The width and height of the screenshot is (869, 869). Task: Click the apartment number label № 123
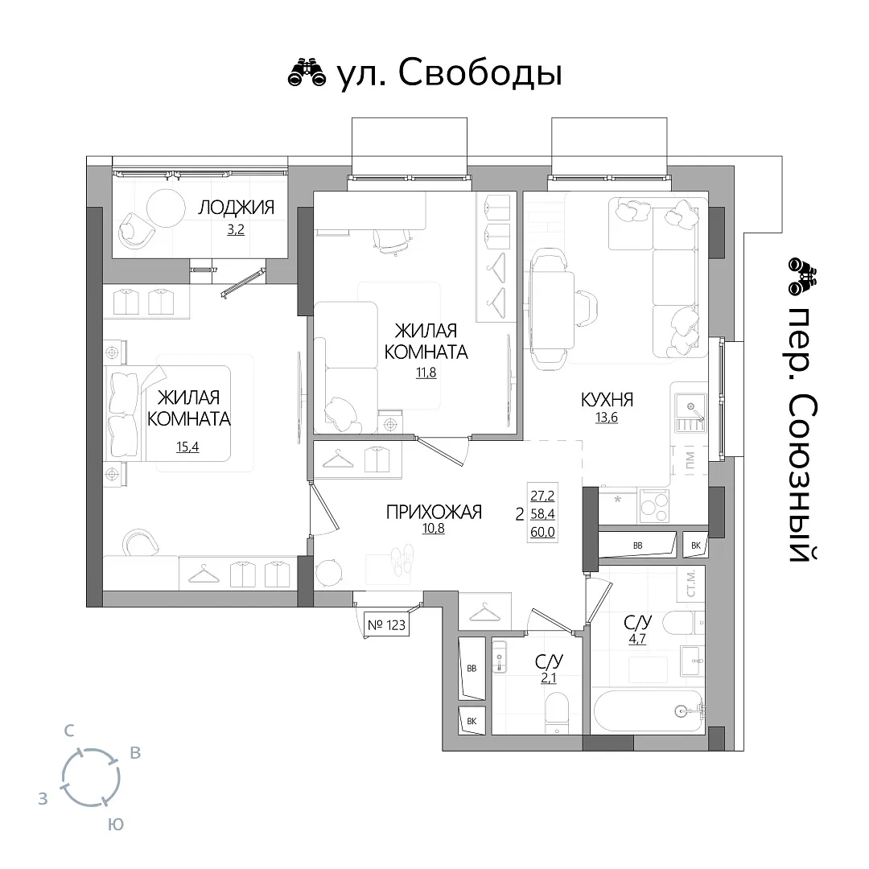tap(386, 625)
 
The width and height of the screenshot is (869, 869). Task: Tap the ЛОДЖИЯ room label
tap(236, 208)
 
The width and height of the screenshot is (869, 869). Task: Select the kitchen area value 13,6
tap(607, 418)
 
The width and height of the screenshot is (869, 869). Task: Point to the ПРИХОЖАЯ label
tap(434, 512)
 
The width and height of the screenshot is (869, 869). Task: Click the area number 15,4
tap(187, 446)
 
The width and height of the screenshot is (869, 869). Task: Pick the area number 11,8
tap(426, 373)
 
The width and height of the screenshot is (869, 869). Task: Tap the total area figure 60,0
tap(542, 533)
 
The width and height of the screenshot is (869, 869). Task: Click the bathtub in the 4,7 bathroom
tap(648, 711)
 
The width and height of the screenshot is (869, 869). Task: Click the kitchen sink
tap(690, 413)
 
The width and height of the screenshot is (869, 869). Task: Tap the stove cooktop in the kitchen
tap(654, 505)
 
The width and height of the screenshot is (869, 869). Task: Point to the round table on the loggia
tap(166, 208)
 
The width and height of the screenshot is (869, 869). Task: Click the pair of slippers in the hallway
tap(402, 558)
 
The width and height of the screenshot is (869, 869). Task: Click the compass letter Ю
tap(115, 824)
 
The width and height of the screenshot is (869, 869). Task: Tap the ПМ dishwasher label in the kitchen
tap(690, 459)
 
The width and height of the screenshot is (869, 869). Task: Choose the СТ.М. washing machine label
tap(690, 583)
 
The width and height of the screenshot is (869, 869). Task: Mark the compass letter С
tap(68, 731)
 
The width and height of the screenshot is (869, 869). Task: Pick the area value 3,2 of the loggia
tap(236, 229)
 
